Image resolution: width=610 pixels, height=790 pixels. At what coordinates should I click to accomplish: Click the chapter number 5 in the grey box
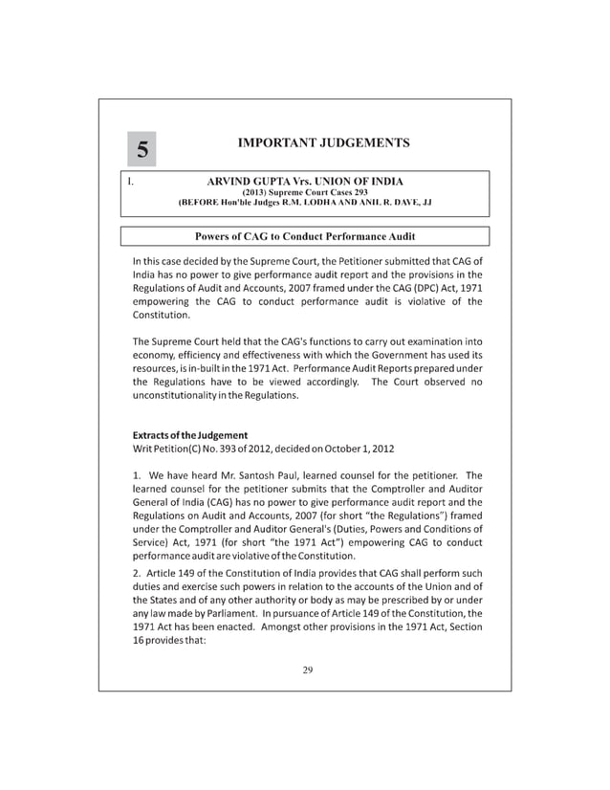[x=142, y=149]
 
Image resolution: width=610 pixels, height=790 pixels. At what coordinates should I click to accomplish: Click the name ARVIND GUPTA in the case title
[x=246, y=181]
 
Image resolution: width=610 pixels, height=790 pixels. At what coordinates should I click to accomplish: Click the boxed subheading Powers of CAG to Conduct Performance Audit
[x=304, y=236]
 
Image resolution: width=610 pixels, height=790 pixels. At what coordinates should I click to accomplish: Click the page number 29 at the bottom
[x=307, y=669]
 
